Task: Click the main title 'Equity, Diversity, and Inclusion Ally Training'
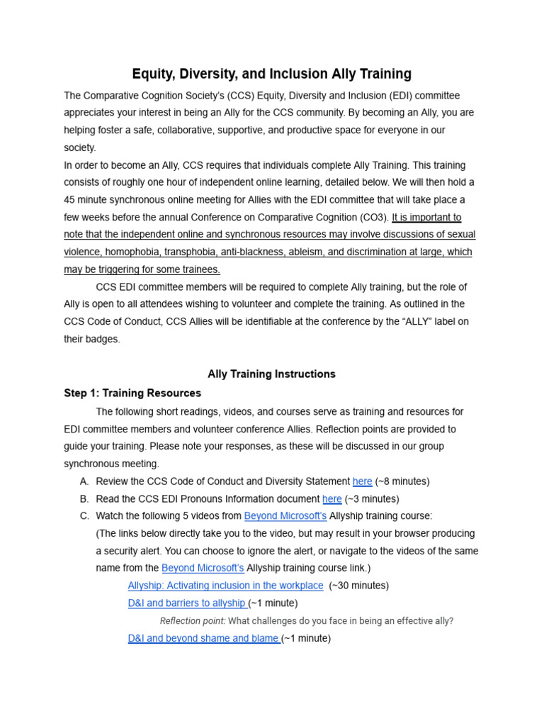(271, 74)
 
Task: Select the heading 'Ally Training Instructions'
(271, 374)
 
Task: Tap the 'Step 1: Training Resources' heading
(132, 393)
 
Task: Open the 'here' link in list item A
(362, 481)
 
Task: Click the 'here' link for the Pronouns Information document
(331, 499)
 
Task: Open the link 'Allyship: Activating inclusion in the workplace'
(225, 586)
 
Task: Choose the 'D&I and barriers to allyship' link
(187, 603)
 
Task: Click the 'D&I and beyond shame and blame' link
(203, 638)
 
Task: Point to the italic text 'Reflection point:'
(193, 621)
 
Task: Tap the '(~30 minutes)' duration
(359, 586)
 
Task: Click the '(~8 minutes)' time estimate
(402, 481)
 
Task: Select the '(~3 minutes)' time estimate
(372, 499)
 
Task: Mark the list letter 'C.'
(84, 516)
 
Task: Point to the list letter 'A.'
(84, 481)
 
